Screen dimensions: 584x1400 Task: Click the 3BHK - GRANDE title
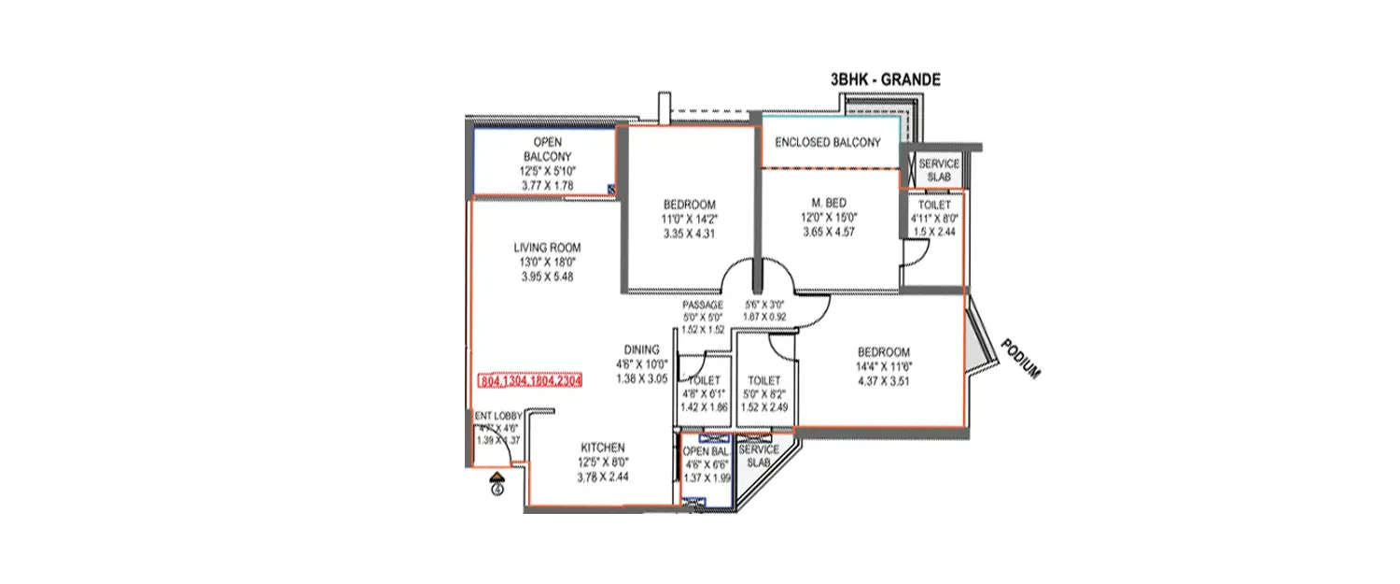[x=885, y=81]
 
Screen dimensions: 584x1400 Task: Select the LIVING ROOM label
[x=547, y=248]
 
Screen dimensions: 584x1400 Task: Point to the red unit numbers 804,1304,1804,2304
[x=530, y=381]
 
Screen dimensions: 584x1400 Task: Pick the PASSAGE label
[x=703, y=305]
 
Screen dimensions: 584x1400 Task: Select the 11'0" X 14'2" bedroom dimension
[x=689, y=221]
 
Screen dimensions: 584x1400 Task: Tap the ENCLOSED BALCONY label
[x=828, y=143]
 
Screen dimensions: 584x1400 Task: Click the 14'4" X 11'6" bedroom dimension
[x=884, y=366]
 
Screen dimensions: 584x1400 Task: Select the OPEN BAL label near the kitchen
[x=707, y=451]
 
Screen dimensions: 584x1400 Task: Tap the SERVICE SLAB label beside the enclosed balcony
[x=938, y=169]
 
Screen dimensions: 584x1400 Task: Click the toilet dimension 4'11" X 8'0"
[x=934, y=220]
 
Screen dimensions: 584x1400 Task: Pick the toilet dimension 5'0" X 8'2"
[x=763, y=394]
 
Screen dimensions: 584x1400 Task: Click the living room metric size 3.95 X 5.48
[x=547, y=278]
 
